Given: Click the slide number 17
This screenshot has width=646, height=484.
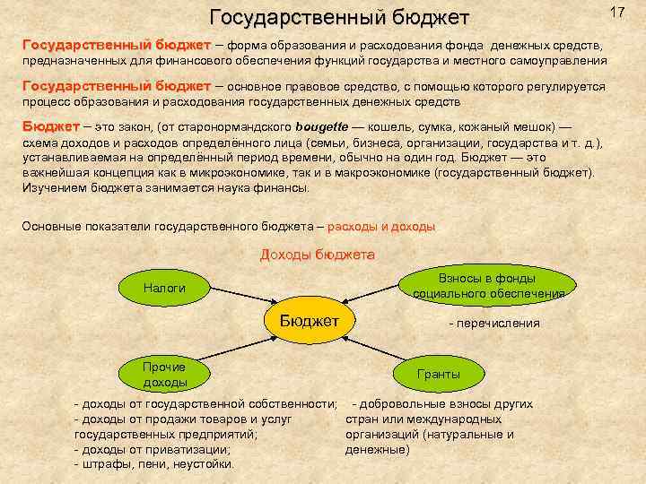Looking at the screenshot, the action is tap(616, 12).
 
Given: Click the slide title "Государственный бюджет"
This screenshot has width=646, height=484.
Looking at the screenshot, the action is tap(339, 17).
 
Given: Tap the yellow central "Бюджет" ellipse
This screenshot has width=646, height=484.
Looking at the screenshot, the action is tap(309, 321).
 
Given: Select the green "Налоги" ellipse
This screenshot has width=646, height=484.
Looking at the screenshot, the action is tap(164, 288).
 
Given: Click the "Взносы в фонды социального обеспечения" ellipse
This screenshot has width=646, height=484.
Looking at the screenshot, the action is tap(488, 285).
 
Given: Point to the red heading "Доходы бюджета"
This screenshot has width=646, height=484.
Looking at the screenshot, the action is tap(317, 255).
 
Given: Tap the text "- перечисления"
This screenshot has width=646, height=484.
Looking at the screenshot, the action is tap(494, 323).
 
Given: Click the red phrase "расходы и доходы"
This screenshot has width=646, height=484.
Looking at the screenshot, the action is tap(381, 227).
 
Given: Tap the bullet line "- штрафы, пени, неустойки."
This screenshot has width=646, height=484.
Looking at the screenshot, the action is tap(153, 463).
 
